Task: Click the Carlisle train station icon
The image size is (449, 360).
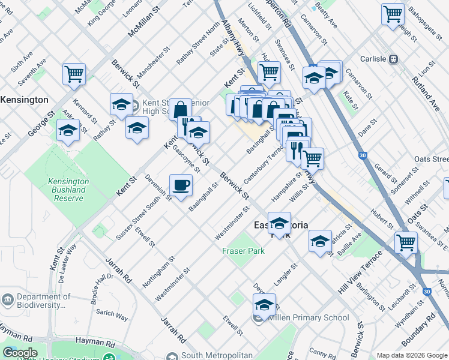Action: point(394,59)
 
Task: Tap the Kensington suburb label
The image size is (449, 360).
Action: point(24,99)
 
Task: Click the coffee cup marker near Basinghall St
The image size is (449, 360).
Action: point(181,185)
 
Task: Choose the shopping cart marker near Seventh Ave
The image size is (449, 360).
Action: point(74,74)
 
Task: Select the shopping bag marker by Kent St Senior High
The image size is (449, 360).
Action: point(180,110)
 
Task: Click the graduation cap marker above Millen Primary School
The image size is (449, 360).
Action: point(264,305)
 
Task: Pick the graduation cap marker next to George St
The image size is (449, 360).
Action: point(68,130)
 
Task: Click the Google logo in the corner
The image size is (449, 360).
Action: point(20,353)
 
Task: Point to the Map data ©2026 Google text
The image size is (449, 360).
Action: point(412,355)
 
